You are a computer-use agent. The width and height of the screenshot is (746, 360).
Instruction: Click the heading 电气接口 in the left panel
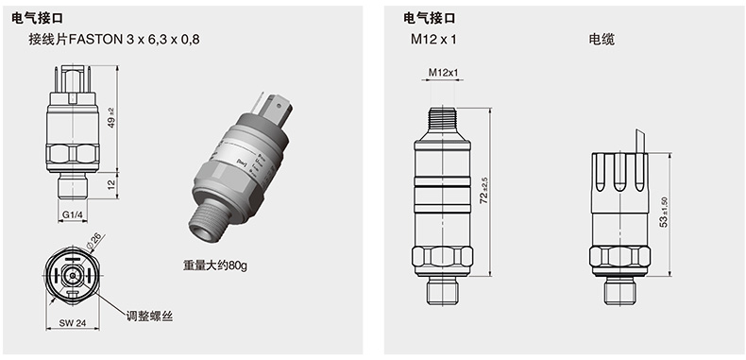(37, 19)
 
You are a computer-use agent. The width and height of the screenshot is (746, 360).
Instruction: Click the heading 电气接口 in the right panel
(429, 19)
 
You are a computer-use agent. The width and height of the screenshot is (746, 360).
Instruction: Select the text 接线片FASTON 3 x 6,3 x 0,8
(114, 40)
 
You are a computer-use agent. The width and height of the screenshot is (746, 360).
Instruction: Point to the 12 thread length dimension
(111, 185)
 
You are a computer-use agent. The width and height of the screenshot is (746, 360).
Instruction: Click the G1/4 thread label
(73, 215)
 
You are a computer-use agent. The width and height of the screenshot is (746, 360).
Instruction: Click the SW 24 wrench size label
(73, 323)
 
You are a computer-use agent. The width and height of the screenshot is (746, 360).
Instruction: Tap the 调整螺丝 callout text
(149, 316)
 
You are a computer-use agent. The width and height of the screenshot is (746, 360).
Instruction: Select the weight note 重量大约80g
(215, 266)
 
